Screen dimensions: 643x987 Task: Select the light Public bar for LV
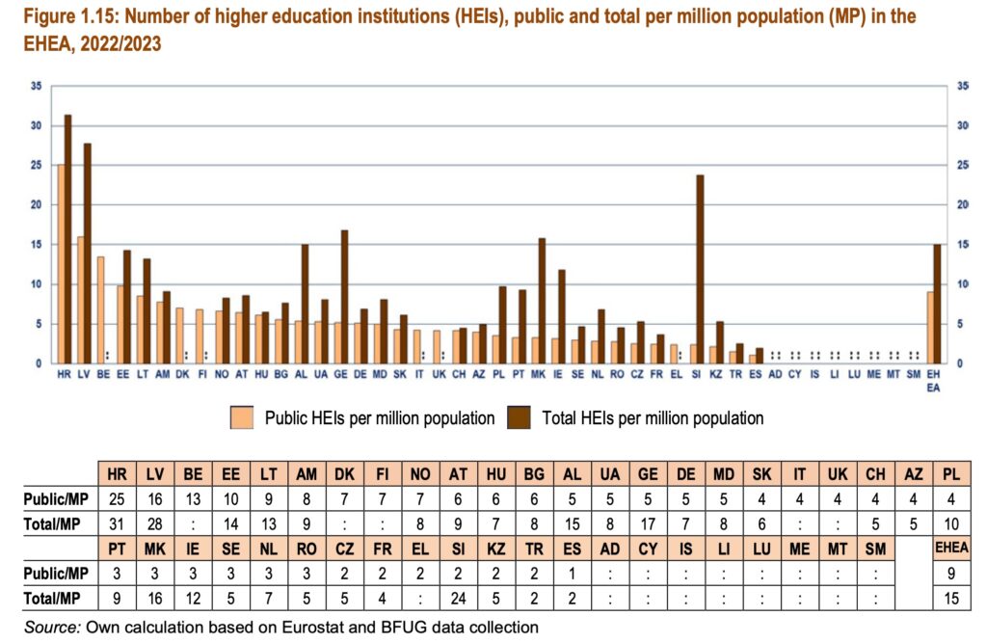[x=81, y=300]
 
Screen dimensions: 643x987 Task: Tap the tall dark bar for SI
[x=700, y=269]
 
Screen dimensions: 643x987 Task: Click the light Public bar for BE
[x=100, y=309]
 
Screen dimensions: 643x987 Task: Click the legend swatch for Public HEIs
[x=240, y=416]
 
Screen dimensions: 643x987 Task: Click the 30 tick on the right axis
[x=961, y=126]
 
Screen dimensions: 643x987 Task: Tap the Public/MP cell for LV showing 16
[x=156, y=497]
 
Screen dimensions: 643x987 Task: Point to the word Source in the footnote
[x=51, y=627]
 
